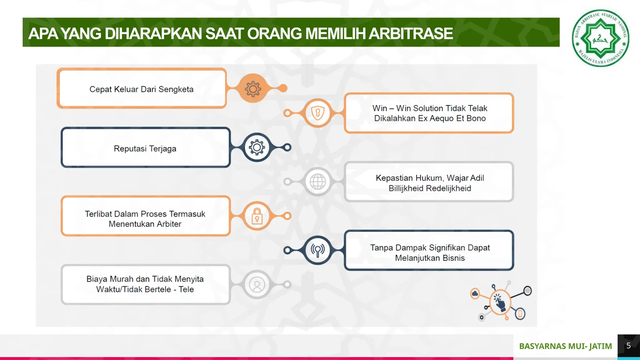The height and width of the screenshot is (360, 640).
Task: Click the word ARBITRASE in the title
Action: (x=411, y=34)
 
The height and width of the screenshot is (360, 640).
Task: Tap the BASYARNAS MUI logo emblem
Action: (x=600, y=38)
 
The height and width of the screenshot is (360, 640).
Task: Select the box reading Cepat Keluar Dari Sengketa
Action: (x=142, y=89)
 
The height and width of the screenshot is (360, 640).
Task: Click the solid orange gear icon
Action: (x=253, y=89)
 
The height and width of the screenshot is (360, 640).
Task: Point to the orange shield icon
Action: (x=317, y=113)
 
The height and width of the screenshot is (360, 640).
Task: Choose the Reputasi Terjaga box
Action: (x=145, y=148)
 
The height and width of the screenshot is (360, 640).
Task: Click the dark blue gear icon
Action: (x=257, y=147)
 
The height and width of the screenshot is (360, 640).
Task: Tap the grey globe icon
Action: (x=317, y=182)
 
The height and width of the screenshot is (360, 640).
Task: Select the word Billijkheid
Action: (x=406, y=188)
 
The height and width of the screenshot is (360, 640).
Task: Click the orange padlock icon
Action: (x=257, y=216)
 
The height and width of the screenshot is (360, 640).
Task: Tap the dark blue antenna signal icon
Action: (x=317, y=250)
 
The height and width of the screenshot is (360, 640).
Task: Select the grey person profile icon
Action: (x=257, y=285)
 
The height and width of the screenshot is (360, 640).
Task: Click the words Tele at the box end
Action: (x=186, y=289)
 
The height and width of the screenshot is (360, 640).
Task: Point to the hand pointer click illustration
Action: (x=500, y=302)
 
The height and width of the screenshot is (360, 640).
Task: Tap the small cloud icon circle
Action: (x=475, y=293)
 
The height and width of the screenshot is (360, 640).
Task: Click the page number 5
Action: (x=628, y=346)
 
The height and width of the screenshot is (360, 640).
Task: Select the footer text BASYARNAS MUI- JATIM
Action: (x=565, y=346)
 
